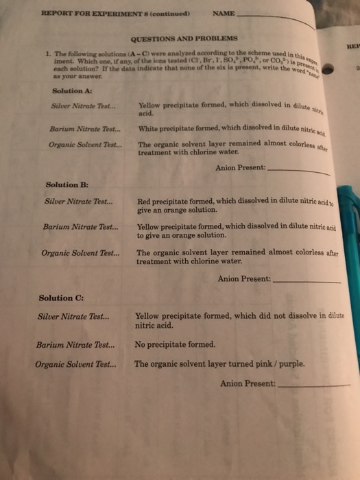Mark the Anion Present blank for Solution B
pyautogui.click(x=306, y=281)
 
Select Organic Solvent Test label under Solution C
pyautogui.click(x=75, y=364)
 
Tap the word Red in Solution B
pyautogui.click(x=145, y=202)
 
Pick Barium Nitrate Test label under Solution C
pyautogui.click(x=75, y=344)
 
